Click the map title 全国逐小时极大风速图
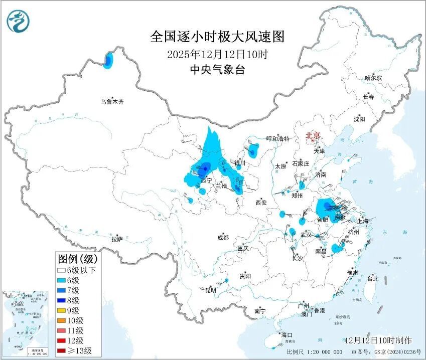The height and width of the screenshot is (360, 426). tap(217, 37)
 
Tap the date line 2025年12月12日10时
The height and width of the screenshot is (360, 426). tap(217, 54)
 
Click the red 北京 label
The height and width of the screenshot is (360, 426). tap(313, 135)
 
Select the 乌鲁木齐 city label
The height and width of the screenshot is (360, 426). tap(111, 102)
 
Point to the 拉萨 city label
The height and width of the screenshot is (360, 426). tap(117, 239)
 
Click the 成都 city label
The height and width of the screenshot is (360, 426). tap(223, 238)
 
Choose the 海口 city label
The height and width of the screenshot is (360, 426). tap(287, 335)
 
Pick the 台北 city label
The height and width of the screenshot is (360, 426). tap(373, 279)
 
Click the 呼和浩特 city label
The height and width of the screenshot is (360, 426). tap(277, 139)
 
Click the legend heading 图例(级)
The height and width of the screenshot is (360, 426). tap(77, 259)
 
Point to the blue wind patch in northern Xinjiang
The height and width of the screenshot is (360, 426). tap(108, 61)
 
